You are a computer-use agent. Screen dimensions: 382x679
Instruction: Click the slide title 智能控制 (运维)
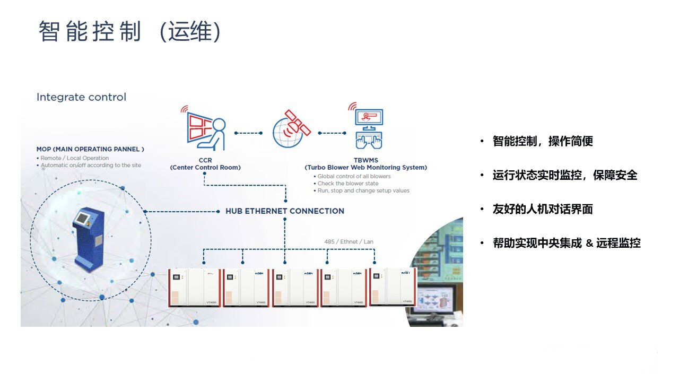pos(129,32)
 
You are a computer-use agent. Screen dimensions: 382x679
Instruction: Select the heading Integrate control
pos(81,97)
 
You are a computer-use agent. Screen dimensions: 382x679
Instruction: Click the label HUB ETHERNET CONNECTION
pos(285,211)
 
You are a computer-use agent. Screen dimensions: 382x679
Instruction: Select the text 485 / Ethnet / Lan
pos(349,242)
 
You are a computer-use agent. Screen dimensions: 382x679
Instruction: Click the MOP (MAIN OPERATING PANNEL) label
pos(90,150)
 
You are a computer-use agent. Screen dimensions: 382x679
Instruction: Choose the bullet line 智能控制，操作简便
pos(543,141)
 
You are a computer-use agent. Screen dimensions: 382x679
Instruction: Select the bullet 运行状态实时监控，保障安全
pos(565,175)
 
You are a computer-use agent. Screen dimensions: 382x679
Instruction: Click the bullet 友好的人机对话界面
pos(543,209)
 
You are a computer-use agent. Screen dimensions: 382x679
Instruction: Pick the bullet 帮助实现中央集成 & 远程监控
pos(567,243)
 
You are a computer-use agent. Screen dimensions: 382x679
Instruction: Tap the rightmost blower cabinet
pos(393,286)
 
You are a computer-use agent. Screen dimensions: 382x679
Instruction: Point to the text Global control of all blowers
pos(354,176)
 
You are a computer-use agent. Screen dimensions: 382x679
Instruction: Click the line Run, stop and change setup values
pos(363,190)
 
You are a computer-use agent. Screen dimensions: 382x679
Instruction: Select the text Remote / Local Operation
pos(76,158)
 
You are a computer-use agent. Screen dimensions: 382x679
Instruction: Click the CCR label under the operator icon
pos(205,160)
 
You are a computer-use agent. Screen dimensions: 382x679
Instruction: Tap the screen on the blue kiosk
pos(83,219)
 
